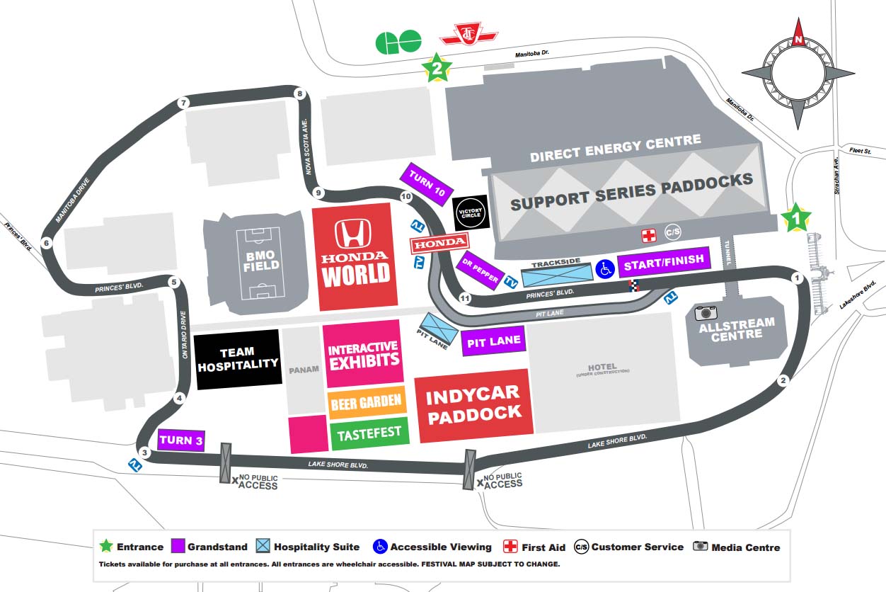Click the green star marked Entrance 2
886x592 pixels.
(x=437, y=68)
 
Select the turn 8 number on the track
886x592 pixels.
(x=299, y=94)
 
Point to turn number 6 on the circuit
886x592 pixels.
(x=47, y=244)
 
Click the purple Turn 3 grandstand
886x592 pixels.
(x=181, y=440)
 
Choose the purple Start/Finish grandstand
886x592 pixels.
(x=664, y=261)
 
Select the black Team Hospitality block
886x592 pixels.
(x=238, y=359)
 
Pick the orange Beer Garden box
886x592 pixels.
(x=367, y=403)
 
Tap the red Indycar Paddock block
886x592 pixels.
(x=473, y=405)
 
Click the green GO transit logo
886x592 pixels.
(x=398, y=42)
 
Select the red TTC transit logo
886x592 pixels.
(x=468, y=34)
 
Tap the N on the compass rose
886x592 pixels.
(x=798, y=40)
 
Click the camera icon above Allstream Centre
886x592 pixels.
(x=706, y=312)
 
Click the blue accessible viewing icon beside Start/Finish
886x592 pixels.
(x=605, y=268)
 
